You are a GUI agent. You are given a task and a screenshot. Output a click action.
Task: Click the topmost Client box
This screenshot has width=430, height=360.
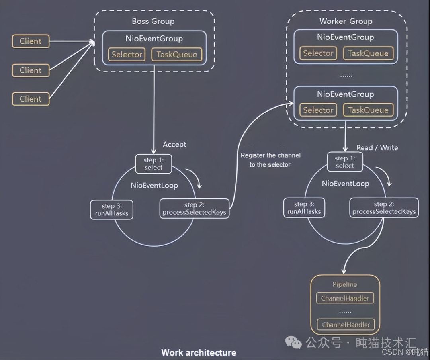tap(31, 41)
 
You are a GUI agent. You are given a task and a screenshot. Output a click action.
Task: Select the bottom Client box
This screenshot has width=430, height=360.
tap(31, 99)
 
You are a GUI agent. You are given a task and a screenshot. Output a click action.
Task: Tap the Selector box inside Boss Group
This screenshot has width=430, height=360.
tap(127, 55)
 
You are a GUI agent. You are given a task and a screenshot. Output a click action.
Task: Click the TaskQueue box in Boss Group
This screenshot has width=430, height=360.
tap(177, 55)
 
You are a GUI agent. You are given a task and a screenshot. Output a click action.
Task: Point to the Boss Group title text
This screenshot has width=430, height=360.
tap(153, 21)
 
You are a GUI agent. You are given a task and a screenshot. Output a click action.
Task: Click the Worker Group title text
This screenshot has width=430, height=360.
tap(346, 21)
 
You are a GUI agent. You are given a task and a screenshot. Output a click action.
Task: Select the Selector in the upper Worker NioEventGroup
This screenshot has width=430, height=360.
tap(318, 53)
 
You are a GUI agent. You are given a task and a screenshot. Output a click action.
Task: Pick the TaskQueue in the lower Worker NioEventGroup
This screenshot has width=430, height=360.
tap(368, 110)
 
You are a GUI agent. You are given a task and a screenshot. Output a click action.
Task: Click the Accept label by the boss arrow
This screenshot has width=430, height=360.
tap(174, 144)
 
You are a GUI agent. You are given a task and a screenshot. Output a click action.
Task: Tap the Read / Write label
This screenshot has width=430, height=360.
tap(377, 147)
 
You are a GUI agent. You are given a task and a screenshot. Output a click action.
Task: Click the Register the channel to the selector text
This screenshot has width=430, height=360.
tap(270, 160)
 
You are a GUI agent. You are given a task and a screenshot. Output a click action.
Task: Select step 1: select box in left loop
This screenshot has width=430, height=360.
tap(154, 164)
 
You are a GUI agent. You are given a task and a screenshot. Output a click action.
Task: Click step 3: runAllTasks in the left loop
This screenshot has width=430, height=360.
tap(112, 209)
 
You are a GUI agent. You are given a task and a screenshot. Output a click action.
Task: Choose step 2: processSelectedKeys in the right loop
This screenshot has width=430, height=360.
tap(384, 208)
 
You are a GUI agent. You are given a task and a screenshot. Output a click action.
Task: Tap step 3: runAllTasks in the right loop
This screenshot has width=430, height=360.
tap(304, 208)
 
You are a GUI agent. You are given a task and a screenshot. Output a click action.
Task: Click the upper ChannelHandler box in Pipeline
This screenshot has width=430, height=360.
tap(345, 298)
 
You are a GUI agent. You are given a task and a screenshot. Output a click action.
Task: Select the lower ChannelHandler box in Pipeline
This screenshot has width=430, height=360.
tap(346, 325)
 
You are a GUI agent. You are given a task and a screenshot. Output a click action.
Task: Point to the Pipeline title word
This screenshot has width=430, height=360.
tap(345, 284)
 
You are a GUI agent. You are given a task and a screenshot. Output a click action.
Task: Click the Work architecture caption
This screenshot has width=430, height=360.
tap(198, 352)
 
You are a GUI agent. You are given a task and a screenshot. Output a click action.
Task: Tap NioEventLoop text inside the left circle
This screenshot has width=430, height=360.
tap(154, 185)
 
